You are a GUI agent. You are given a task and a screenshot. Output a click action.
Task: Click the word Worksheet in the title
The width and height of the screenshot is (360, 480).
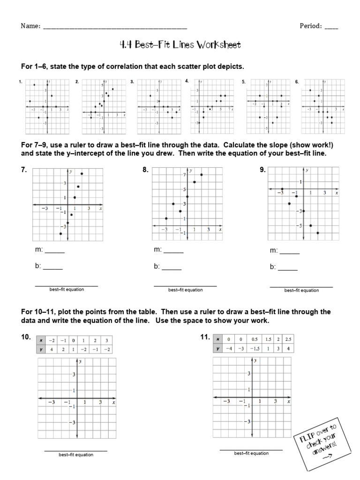[218, 45]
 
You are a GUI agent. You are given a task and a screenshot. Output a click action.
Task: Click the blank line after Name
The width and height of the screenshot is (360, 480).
[115, 27]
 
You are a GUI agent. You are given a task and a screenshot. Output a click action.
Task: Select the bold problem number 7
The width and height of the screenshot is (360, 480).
[23, 170]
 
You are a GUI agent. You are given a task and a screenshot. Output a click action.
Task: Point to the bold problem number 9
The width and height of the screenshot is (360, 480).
[262, 170]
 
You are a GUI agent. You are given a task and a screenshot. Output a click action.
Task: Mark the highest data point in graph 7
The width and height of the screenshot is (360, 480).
[82, 174]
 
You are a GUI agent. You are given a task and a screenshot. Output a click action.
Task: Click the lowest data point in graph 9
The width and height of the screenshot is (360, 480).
[318, 233]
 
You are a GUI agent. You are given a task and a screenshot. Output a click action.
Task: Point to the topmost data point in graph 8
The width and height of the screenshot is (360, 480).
[202, 174]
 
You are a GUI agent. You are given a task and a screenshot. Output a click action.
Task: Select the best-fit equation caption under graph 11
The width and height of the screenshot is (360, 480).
[251, 453]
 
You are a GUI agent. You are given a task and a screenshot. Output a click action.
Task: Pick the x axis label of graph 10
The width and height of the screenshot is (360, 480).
[113, 402]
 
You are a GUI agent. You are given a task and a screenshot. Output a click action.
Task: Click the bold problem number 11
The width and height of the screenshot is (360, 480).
[205, 337]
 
